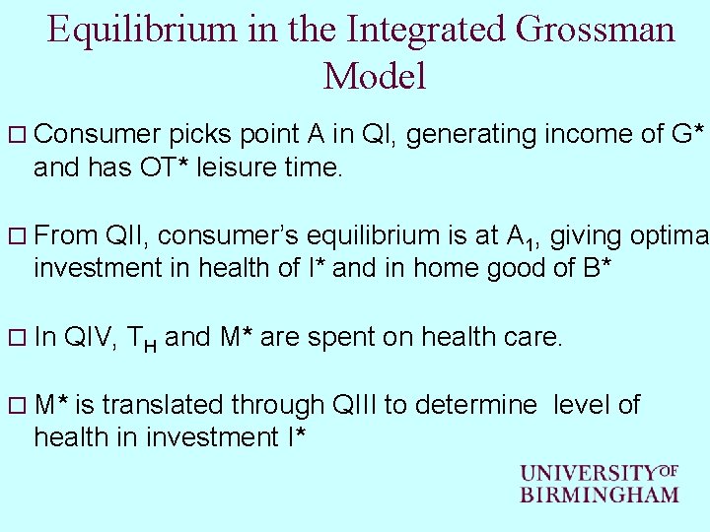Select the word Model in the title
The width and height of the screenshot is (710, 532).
pos(374,76)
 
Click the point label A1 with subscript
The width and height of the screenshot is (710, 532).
pos(521,237)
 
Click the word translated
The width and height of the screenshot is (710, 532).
pos(163,404)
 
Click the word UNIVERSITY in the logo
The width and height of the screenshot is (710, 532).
pos(588,474)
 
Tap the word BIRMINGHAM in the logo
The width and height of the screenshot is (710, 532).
pos(599,494)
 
